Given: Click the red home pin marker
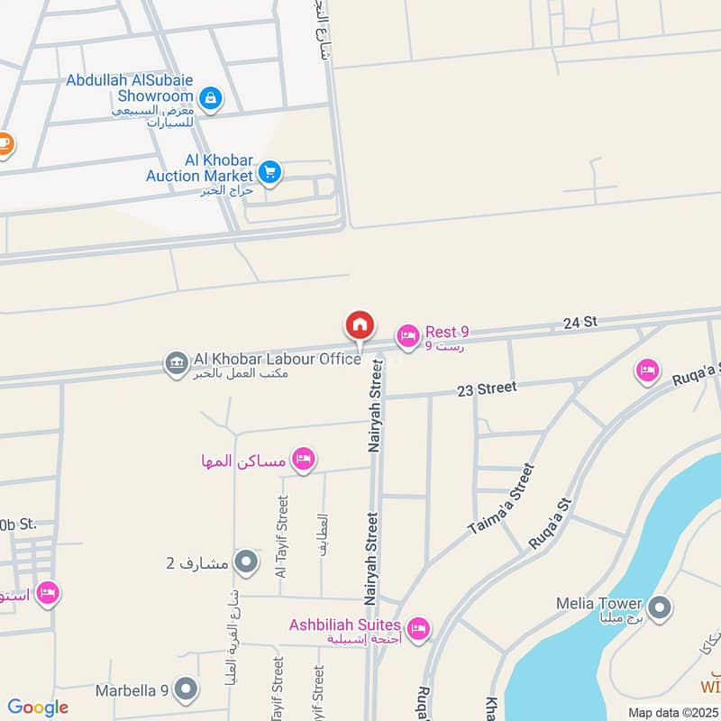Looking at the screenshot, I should point(360,325).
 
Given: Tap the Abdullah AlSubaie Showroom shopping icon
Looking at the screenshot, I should point(210,97).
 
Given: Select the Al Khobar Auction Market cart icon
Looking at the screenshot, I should point(269,171).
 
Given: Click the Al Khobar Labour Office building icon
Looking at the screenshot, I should point(176,363).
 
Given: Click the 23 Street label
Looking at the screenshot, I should point(487,388).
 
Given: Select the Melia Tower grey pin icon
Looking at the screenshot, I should point(661,608).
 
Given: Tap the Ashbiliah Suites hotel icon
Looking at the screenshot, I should point(417,630).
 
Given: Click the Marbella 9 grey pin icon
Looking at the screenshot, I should point(187,690).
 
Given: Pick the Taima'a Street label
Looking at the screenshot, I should point(501,501).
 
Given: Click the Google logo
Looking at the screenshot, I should point(38,707).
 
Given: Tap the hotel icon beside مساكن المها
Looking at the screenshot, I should point(304,461).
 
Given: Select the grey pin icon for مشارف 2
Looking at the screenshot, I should point(245,564).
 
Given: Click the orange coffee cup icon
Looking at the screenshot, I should point(5,144).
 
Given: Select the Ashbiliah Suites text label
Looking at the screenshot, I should point(344,625).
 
